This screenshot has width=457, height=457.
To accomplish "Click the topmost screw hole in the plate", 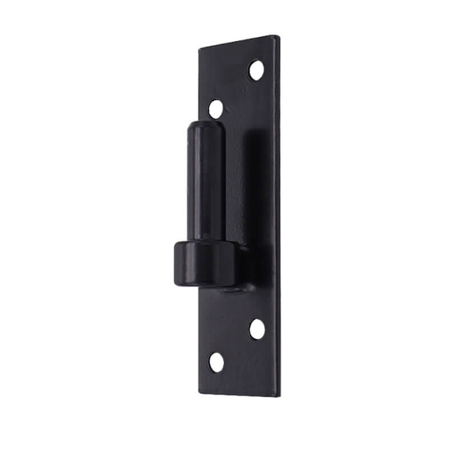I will pos(256,70).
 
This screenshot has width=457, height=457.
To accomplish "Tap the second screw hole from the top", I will pos(215,109).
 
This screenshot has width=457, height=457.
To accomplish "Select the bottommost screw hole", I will pos(216,362).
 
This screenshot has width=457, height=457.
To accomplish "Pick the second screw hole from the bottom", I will pos(257,329).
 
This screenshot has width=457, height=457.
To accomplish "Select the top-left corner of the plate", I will pos(199,49).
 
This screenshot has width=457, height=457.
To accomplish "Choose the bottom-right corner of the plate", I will pos(279,396).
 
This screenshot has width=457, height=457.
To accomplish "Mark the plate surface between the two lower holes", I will pos(236,346).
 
